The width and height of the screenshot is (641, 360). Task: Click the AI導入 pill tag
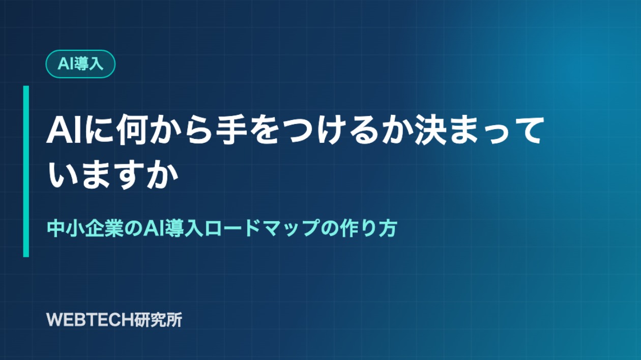coord(80,64)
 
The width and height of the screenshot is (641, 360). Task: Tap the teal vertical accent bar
coord(26,171)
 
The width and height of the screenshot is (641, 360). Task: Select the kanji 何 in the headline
coord(134,130)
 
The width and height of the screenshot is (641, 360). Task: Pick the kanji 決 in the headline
coord(431,130)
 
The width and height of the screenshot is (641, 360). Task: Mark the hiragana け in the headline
coord(332,130)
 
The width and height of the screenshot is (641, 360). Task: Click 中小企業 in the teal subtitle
coord(85,228)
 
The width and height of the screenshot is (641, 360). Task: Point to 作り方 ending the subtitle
coord(368,228)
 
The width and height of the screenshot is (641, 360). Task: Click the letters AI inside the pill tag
coord(65,64)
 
